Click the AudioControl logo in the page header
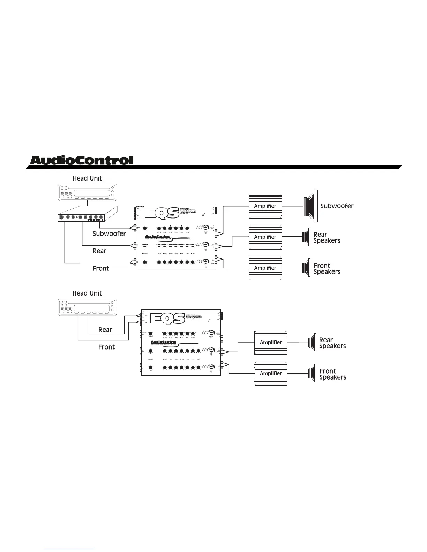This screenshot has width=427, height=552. pos(82,160)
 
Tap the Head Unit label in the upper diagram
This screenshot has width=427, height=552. pos(87,178)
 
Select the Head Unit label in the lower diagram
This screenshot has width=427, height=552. pos(87,293)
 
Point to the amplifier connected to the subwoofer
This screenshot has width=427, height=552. pos(265,206)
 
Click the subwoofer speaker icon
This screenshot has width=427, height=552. pos(310,206)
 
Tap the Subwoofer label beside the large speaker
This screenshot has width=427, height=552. pos(337,206)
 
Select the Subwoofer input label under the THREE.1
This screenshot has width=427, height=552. pos(109,234)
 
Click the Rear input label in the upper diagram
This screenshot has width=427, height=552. pos(99,251)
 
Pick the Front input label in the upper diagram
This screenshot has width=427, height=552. pos(101,268)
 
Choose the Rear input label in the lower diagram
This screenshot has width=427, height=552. pos(105,330)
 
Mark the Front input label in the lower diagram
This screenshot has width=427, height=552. pos(106,347)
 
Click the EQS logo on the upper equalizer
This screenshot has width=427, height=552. pos(164,213)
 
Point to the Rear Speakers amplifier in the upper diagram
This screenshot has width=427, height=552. pos(265,237)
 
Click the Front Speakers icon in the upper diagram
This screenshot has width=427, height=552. pos(306,268)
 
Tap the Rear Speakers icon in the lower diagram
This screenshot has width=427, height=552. pos(312,342)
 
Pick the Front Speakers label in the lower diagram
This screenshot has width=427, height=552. pos(332,374)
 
